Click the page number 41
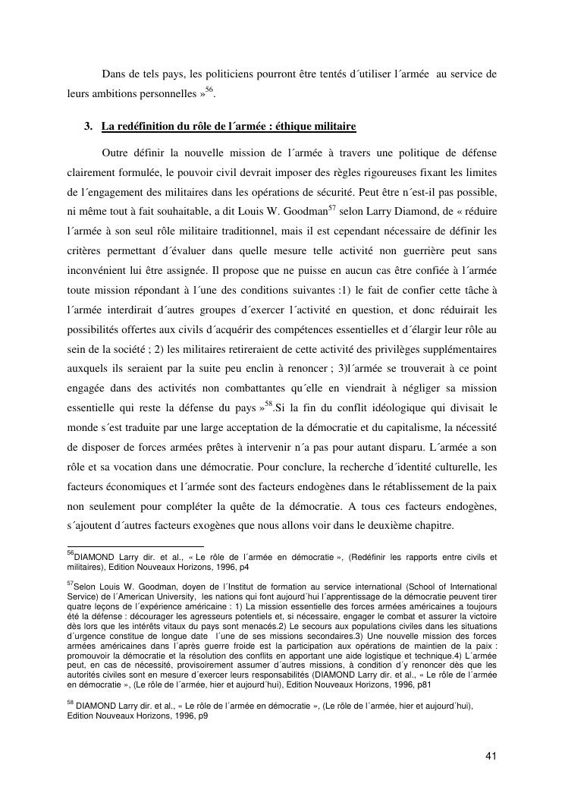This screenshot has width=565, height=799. pyautogui.click(x=491, y=756)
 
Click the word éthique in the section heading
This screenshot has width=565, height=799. pyautogui.click(x=299, y=125)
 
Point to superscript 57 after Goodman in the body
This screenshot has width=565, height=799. pyautogui.click(x=321, y=204)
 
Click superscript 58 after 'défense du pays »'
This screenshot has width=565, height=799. pyautogui.click(x=268, y=404)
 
